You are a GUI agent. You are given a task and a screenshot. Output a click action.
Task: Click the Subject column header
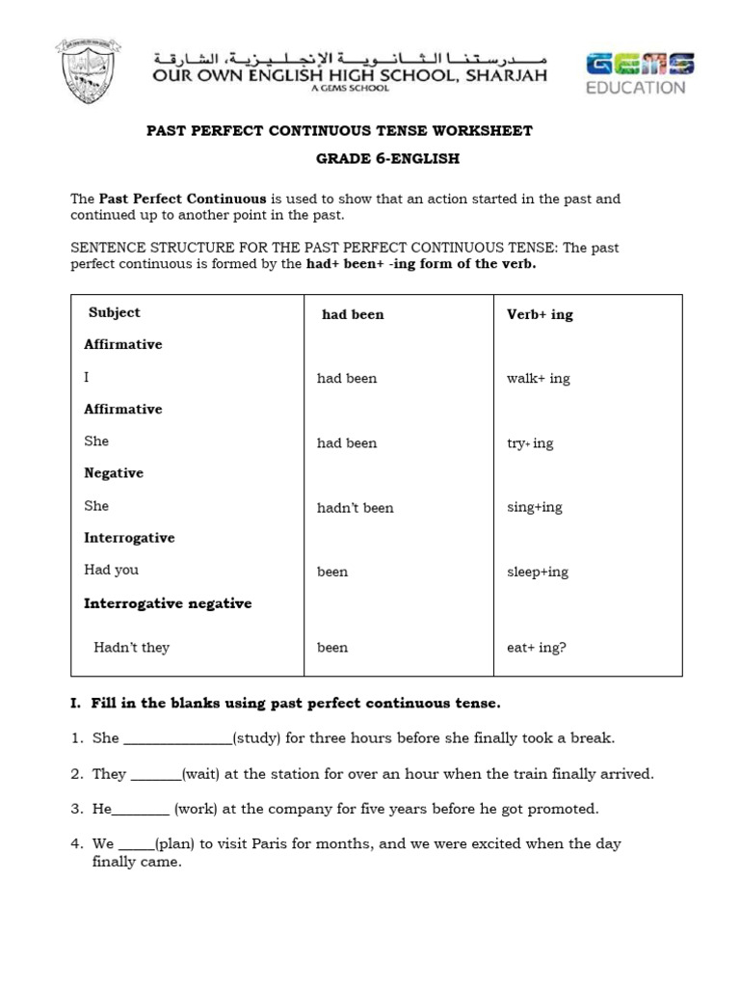click(x=114, y=312)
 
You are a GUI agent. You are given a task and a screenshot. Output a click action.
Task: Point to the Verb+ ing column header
click(x=540, y=314)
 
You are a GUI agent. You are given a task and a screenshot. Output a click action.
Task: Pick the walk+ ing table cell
click(x=538, y=379)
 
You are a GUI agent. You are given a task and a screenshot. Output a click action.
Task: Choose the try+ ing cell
click(x=530, y=443)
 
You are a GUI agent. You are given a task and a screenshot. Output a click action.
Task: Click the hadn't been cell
click(x=355, y=508)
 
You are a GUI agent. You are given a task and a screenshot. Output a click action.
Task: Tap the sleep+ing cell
click(x=538, y=572)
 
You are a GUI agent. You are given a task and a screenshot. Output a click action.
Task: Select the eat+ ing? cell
click(x=536, y=648)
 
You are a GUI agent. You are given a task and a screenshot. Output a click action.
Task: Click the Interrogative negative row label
click(x=168, y=603)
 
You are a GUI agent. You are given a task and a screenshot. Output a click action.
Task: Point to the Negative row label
click(x=114, y=473)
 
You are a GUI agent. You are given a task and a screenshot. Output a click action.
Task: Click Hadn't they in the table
click(x=131, y=648)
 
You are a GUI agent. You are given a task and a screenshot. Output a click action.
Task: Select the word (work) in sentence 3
click(x=196, y=809)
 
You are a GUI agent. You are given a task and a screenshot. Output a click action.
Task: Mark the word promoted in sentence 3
click(x=565, y=809)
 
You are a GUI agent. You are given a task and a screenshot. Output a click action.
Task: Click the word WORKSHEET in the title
click(x=487, y=130)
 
